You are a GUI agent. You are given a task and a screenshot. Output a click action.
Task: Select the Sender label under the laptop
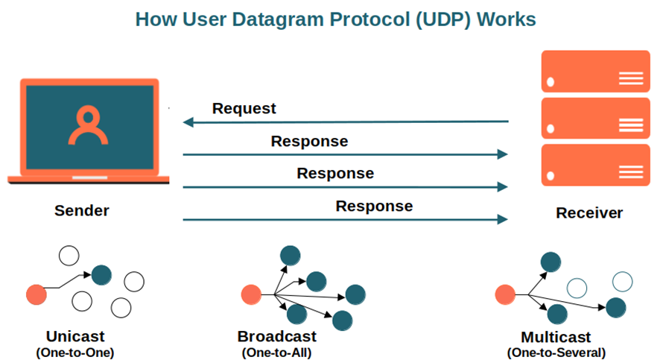(82, 211)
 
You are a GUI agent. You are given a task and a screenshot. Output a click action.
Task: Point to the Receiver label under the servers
(589, 213)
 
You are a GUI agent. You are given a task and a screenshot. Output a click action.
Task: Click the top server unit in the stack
(596, 72)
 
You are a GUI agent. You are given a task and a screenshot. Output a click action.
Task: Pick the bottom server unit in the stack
(596, 165)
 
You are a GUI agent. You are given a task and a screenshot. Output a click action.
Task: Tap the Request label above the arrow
(244, 109)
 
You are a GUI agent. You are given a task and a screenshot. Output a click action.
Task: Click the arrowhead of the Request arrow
(188, 121)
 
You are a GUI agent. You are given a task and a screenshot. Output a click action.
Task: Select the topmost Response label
(309, 142)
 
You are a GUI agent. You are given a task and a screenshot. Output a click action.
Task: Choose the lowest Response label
(374, 206)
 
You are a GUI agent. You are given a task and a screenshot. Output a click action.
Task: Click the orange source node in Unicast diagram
(37, 295)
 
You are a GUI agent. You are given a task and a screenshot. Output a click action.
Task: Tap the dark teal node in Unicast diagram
(101, 275)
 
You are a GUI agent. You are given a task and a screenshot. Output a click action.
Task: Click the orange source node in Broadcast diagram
(251, 295)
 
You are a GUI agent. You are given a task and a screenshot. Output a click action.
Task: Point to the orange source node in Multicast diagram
(506, 295)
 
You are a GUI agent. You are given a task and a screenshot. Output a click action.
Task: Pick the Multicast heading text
(556, 336)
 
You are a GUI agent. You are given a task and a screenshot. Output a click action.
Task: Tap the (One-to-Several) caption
(556, 352)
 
